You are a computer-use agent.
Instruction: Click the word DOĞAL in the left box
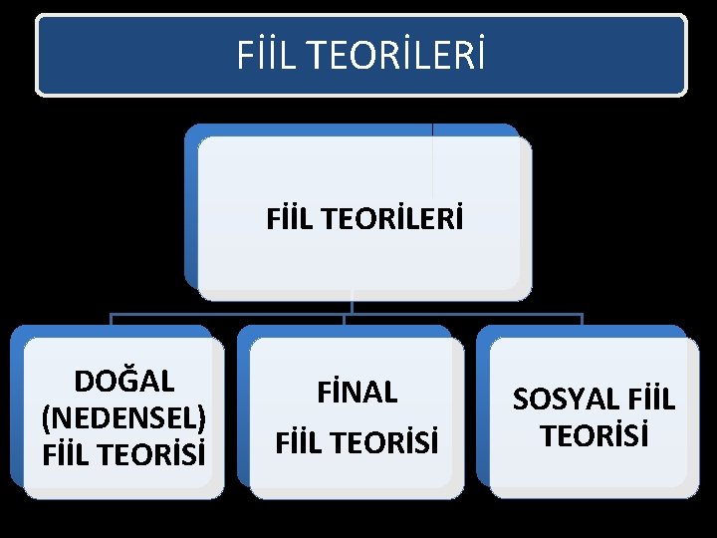[124, 382]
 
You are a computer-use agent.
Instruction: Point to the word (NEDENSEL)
[124, 416]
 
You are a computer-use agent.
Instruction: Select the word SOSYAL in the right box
[564, 401]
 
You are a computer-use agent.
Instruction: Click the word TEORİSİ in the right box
[594, 435]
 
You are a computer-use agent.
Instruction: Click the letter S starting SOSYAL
[520, 401]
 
